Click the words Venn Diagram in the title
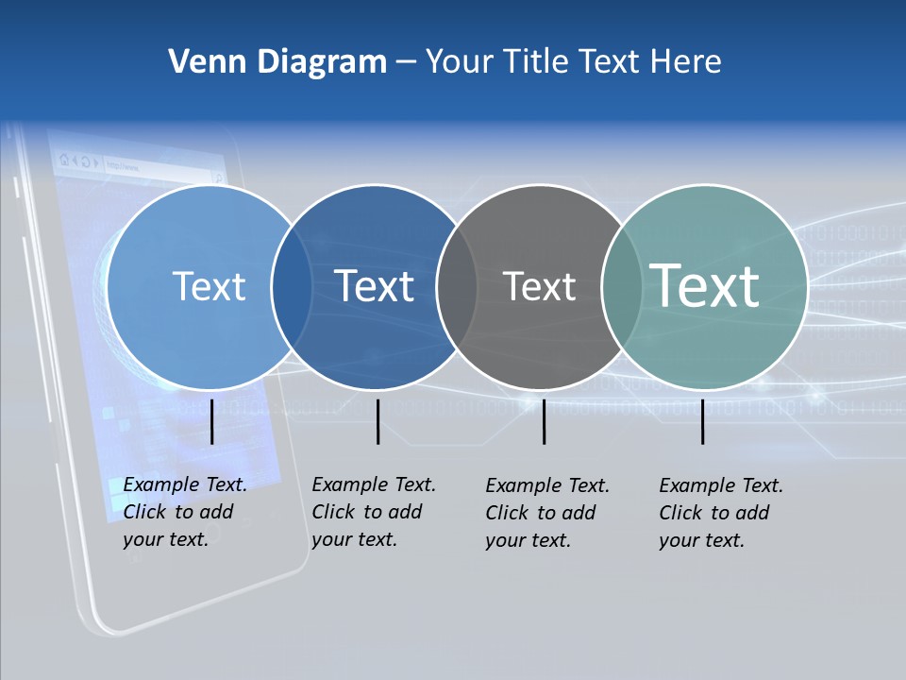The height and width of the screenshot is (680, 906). (277, 62)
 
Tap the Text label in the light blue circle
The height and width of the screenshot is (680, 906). (210, 286)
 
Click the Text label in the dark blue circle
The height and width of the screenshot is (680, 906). (375, 286)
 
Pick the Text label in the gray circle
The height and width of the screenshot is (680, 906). (539, 286)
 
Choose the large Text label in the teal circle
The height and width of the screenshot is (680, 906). (705, 286)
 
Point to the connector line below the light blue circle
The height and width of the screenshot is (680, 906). (212, 421)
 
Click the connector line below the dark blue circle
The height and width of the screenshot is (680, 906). (377, 421)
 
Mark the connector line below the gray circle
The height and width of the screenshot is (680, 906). (544, 421)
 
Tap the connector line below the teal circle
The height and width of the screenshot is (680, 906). (702, 421)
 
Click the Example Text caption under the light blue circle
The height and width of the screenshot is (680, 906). (185, 512)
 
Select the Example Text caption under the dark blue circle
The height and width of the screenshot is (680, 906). (374, 512)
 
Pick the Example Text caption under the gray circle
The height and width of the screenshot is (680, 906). (547, 513)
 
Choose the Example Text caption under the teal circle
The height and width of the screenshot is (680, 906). (721, 513)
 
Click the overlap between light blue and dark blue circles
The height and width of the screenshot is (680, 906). (292, 286)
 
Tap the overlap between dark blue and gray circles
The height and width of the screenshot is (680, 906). (457, 286)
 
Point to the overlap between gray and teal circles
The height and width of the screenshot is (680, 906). (620, 286)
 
